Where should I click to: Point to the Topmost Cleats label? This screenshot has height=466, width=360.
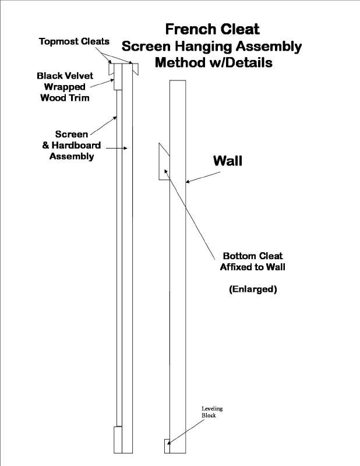pyautogui.click(x=74, y=41)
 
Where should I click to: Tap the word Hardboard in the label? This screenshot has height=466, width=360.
pyautogui.click(x=76, y=145)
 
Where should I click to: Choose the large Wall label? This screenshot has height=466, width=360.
pyautogui.click(x=227, y=161)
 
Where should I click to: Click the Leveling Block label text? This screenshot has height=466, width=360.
pyautogui.click(x=212, y=412)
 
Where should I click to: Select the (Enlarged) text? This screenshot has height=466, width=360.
pyautogui.click(x=253, y=289)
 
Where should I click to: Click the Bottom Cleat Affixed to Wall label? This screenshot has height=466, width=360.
pyautogui.click(x=253, y=262)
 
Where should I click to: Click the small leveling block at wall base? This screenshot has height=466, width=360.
pyautogui.click(x=167, y=446)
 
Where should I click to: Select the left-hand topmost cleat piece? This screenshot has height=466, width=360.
pyautogui.click(x=111, y=69)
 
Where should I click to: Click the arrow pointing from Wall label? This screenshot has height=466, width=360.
pyautogui.click(x=203, y=177)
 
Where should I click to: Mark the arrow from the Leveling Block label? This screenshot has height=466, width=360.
pyautogui.click(x=186, y=432)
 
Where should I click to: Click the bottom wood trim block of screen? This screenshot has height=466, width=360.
pyautogui.click(x=118, y=440)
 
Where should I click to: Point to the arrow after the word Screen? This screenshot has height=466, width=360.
pyautogui.click(x=104, y=126)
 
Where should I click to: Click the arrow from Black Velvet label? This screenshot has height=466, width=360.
pyautogui.click(x=103, y=83)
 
